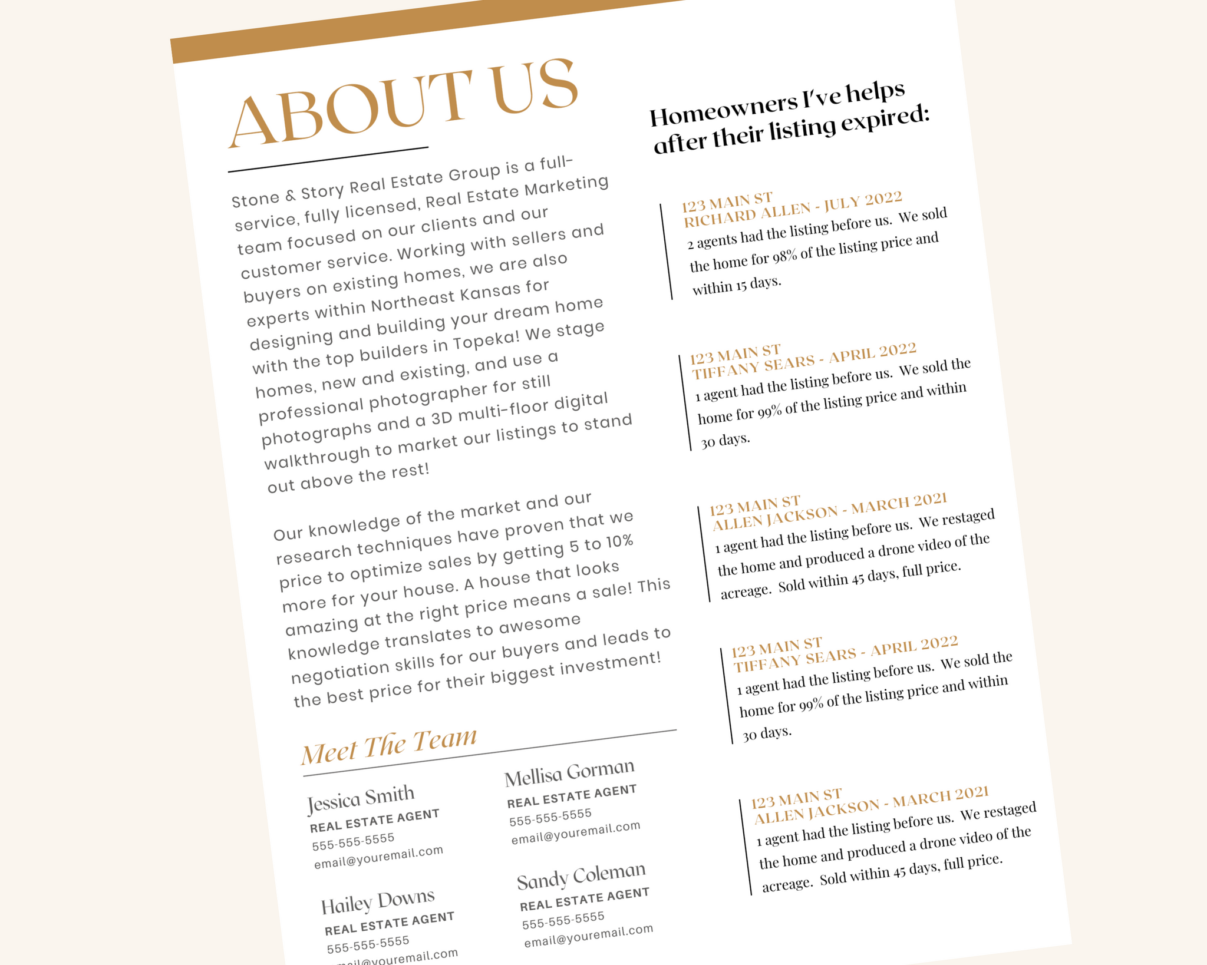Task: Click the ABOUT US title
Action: (x=403, y=103)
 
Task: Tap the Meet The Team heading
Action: (x=389, y=746)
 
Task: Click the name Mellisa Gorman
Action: (x=569, y=772)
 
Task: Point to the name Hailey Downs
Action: (x=378, y=901)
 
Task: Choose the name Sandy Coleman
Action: (x=581, y=875)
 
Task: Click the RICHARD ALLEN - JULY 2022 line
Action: (x=793, y=209)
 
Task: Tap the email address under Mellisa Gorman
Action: (x=576, y=832)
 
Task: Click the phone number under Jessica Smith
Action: (x=354, y=842)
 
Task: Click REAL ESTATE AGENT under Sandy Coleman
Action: (x=585, y=899)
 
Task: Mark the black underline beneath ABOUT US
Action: (x=328, y=159)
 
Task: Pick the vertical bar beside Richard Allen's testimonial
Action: (x=666, y=252)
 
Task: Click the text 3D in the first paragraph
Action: (x=441, y=418)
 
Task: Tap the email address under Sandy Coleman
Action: (x=589, y=936)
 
